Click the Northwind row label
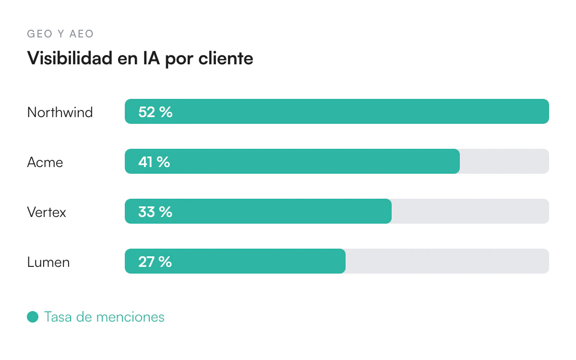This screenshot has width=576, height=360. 60,112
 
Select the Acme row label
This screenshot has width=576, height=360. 45,162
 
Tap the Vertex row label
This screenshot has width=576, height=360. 47,212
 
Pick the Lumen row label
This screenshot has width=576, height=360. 48,262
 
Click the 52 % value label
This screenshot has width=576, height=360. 156,112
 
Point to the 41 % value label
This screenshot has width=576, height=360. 154,162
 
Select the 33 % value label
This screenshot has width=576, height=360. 155,212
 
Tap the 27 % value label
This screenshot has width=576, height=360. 155,262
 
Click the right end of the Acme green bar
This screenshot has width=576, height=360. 459,161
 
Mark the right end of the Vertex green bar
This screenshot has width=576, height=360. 391,211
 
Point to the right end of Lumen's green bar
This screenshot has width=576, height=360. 345,261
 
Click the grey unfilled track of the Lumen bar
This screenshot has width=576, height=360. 447,261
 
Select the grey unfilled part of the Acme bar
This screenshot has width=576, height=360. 504,161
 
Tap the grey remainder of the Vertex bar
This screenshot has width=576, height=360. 470,211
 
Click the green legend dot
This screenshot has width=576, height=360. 33,316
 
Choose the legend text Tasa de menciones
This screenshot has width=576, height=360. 104,316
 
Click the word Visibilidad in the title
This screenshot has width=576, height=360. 70,58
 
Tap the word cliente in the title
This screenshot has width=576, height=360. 226,58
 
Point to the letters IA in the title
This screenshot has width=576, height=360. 151,58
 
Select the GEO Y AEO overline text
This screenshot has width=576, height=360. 60,34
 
